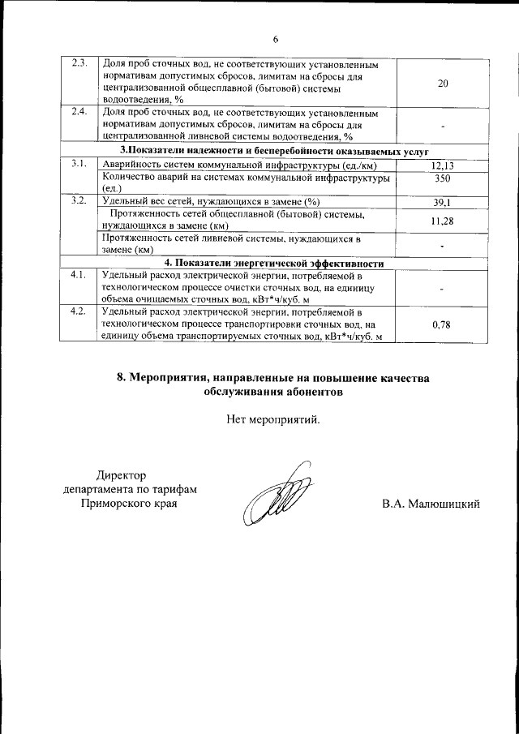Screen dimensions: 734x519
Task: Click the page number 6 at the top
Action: pos(275,39)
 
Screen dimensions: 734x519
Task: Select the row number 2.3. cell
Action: pos(79,64)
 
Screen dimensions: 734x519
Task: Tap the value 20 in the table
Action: pos(443,83)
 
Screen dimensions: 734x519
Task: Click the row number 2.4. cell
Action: pos(79,112)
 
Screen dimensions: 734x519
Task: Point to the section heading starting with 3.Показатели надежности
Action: pos(274,152)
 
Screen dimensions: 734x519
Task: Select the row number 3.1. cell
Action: pos(79,165)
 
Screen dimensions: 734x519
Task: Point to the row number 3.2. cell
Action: pos(79,201)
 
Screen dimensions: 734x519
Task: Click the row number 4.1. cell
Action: pos(79,276)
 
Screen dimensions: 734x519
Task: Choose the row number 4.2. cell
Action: pos(79,311)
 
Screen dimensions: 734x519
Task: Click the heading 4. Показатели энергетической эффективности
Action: pos(274,264)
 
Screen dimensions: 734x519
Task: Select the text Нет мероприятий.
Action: pos(273,420)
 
